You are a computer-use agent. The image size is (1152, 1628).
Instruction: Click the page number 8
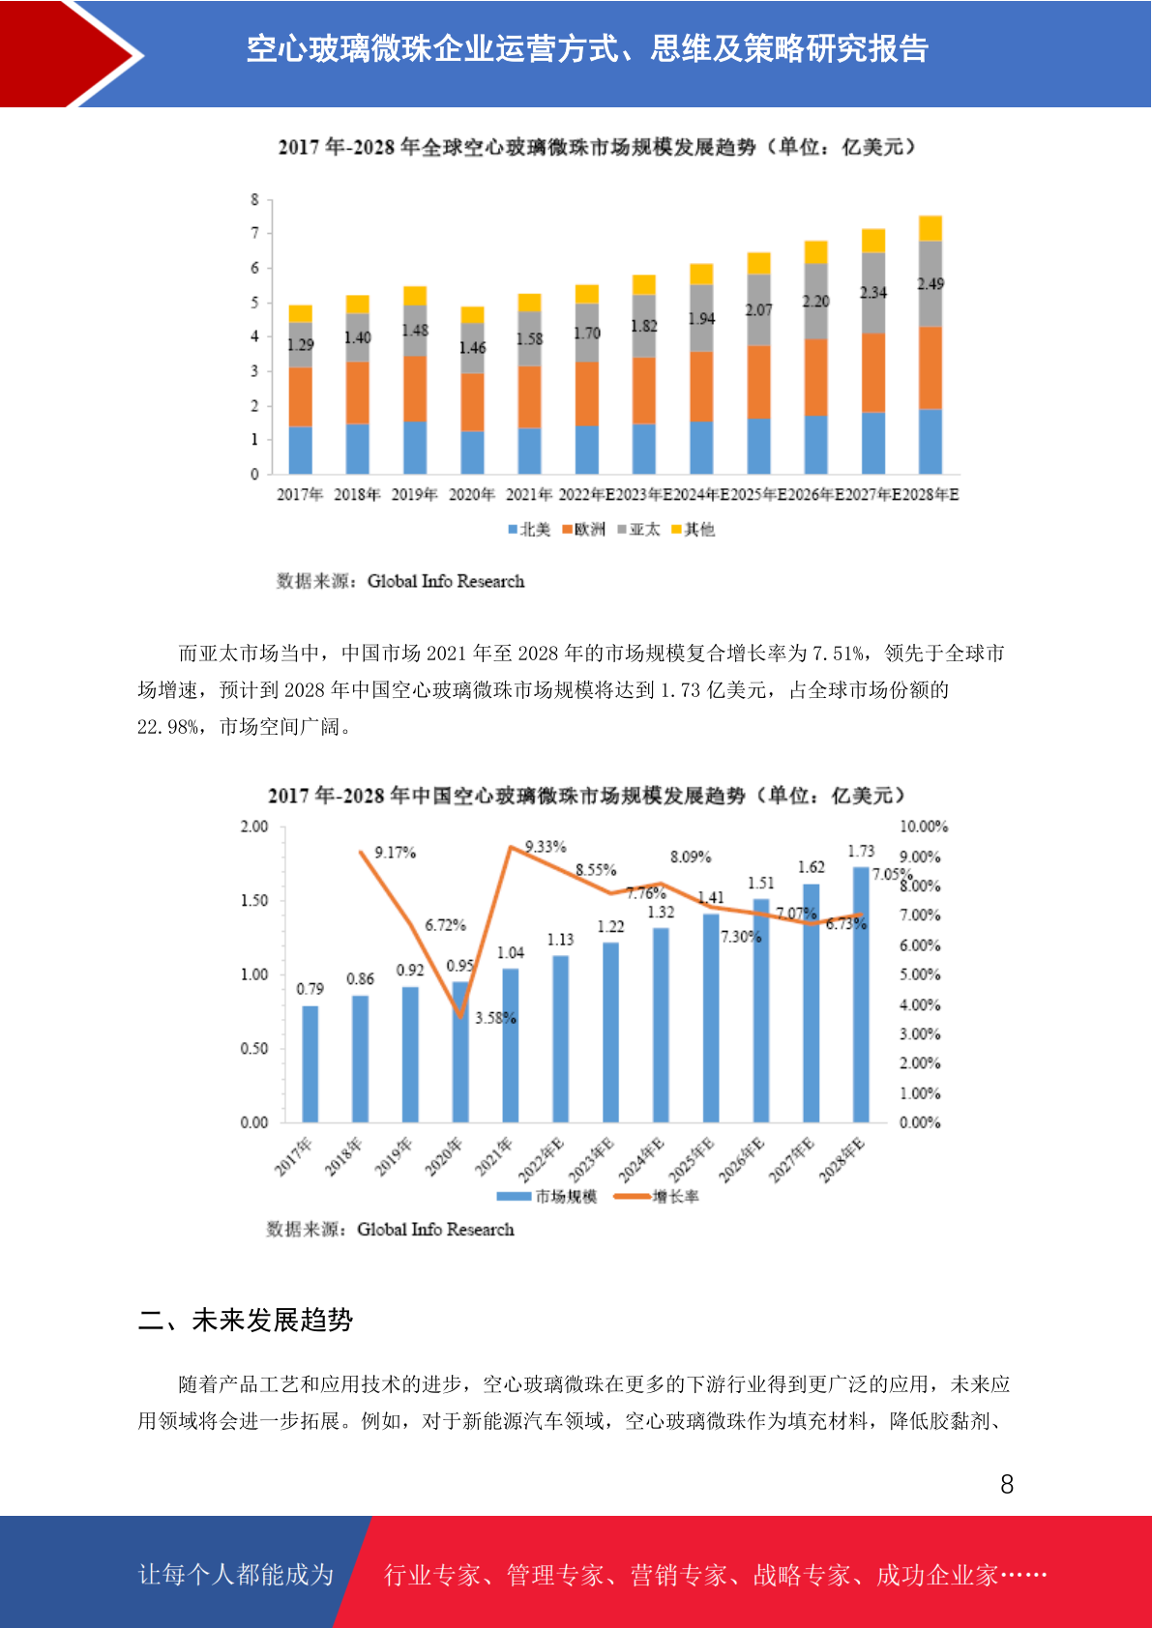click(1007, 1485)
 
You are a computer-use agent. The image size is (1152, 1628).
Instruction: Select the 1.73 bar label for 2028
click(861, 852)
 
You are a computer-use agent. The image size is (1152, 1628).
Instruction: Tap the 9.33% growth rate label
click(546, 847)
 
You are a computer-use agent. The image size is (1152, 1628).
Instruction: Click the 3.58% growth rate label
click(495, 1018)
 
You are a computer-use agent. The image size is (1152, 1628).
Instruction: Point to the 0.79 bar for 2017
click(310, 1063)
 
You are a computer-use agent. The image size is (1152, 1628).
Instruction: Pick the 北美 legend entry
click(529, 530)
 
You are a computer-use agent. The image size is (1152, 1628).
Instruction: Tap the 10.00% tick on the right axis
click(924, 827)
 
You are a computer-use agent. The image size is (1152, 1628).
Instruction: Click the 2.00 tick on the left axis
click(254, 827)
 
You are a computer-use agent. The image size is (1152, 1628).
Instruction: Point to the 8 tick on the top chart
click(255, 200)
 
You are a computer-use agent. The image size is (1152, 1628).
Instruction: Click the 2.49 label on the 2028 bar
click(930, 284)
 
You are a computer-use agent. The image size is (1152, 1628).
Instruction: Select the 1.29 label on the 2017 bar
click(301, 345)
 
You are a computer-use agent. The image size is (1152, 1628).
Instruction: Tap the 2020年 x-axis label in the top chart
click(472, 495)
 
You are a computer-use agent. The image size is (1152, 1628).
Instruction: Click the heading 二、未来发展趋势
click(246, 1321)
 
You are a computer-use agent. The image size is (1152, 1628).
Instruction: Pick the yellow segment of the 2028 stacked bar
click(930, 228)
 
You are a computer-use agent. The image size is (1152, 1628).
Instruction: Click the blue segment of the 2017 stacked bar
click(301, 450)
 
